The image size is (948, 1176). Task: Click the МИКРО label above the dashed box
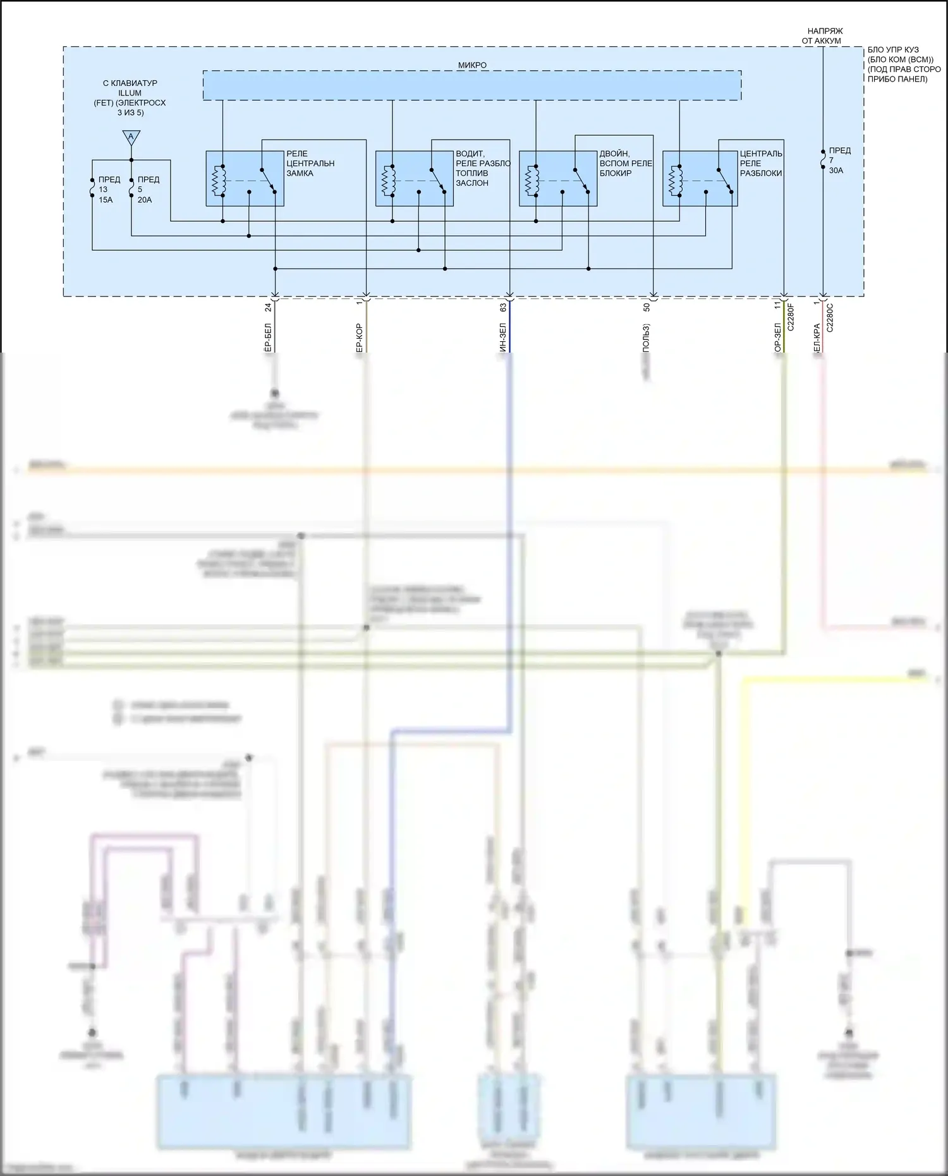[x=472, y=65]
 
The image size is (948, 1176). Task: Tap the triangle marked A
[x=131, y=137]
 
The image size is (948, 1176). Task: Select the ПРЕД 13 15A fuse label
[x=106, y=190]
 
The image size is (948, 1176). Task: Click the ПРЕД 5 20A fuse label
[x=148, y=190]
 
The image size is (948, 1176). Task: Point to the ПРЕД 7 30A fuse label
[x=840, y=161]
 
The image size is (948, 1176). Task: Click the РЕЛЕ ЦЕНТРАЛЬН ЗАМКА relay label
[x=310, y=163]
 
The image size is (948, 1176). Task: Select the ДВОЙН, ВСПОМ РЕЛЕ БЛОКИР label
[x=625, y=163]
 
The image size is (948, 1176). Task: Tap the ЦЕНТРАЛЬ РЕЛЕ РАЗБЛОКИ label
[x=761, y=163]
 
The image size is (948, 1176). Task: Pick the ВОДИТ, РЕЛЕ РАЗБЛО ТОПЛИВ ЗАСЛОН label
[x=483, y=167]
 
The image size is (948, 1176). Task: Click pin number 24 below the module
[x=268, y=307]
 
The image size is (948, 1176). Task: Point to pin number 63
[x=503, y=307]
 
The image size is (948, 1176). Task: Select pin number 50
[x=647, y=307]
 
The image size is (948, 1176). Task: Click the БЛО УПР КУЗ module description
[x=904, y=64]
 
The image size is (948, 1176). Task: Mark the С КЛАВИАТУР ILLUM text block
[x=130, y=97]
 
